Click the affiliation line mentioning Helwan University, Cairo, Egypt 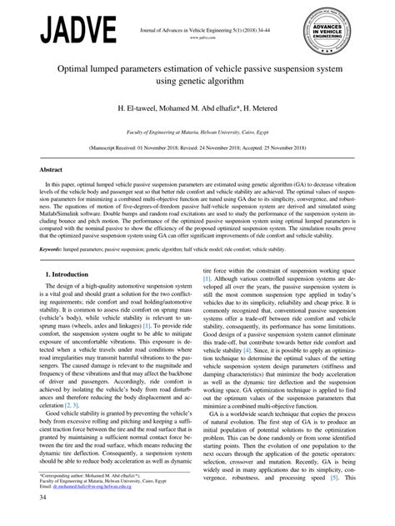pos(197,132)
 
